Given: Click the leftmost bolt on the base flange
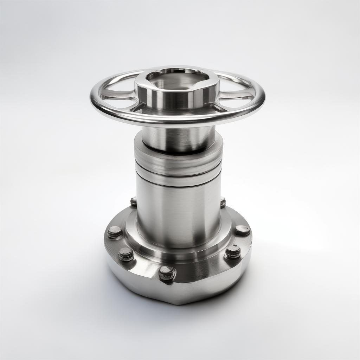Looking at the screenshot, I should click(114, 232).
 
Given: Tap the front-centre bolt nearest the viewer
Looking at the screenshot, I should click(167, 272).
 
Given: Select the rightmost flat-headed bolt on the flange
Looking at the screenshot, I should click(243, 230).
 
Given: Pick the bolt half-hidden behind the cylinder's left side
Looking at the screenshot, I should click(134, 201).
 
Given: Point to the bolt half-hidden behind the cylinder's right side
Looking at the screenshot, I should click(223, 202).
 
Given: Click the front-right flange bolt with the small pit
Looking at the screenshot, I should click(233, 251).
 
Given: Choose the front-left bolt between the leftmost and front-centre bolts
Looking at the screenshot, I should click(126, 254).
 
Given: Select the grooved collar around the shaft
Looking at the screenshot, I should click(178, 163).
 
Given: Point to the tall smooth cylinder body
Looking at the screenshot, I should click(178, 211).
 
